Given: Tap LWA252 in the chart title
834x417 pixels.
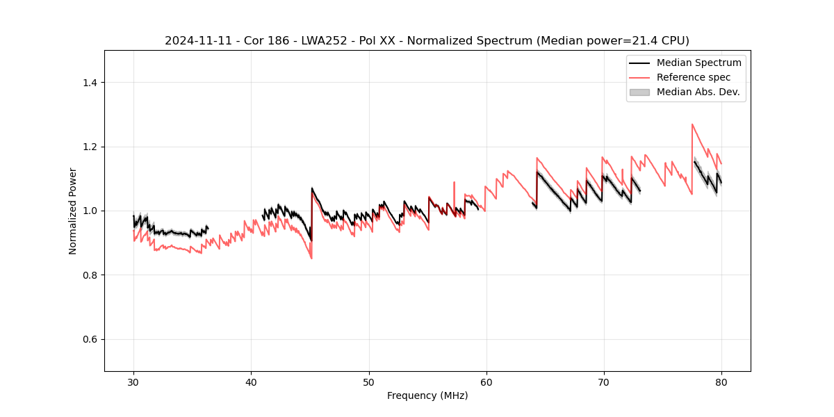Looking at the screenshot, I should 314,41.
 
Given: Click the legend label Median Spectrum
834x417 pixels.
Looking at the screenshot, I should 698,63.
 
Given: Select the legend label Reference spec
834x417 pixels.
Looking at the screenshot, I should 693,77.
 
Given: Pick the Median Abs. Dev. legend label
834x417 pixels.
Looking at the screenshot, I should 698,92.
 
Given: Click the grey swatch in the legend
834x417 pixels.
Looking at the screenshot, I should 639,92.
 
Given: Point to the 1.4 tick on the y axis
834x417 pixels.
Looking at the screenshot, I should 90,83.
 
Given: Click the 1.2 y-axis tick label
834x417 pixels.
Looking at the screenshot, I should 90,147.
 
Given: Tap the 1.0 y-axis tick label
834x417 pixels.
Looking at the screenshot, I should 90,211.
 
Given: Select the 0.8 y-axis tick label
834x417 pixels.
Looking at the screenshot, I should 90,275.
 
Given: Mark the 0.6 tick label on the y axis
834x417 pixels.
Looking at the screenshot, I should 90,339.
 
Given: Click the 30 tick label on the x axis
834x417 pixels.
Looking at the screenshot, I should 133,382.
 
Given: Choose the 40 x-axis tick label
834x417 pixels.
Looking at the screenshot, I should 251,382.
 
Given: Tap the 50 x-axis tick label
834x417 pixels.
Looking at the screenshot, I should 368,382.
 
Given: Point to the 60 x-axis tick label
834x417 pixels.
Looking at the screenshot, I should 486,382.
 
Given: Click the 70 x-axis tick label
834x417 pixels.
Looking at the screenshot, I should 604,382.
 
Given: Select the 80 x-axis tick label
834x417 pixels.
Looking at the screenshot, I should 721,382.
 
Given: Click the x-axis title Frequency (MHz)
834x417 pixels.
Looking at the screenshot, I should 427,395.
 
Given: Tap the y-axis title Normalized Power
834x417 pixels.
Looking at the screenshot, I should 73,211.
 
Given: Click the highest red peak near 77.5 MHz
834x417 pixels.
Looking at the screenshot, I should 692,124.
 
